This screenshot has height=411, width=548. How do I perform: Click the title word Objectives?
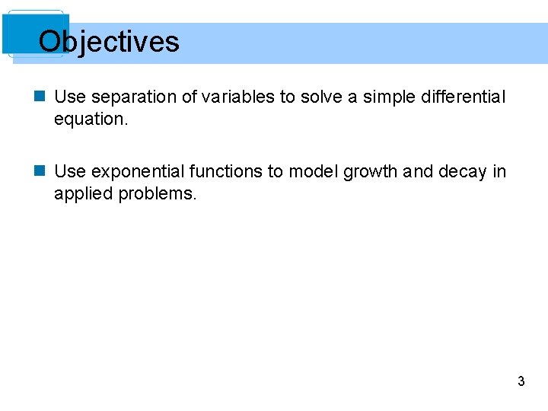pyautogui.click(x=109, y=41)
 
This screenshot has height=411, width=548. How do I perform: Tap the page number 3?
pyautogui.click(x=521, y=381)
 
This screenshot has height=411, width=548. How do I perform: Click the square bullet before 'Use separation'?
pyautogui.click(x=41, y=97)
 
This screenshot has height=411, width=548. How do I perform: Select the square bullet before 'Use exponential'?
pyautogui.click(x=41, y=172)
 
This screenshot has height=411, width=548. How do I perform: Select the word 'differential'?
pyautogui.click(x=461, y=97)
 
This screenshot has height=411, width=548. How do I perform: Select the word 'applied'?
pyautogui.click(x=83, y=193)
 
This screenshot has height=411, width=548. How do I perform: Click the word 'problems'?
pyautogui.click(x=158, y=193)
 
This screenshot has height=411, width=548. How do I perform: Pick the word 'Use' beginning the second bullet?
pyautogui.click(x=70, y=172)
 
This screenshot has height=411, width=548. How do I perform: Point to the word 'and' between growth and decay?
pyautogui.click(x=418, y=172)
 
